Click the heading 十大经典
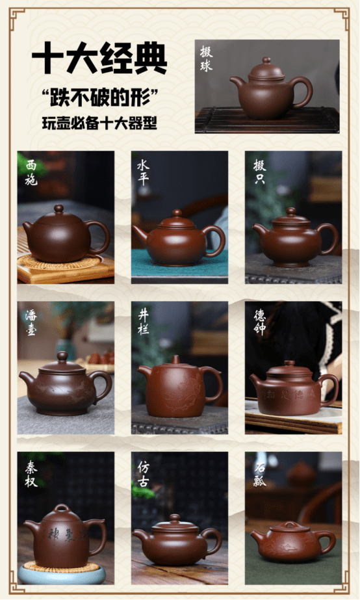pos(99,59)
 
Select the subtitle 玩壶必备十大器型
pos(99,122)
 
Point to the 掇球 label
pos(205,59)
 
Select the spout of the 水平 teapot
pos(140,232)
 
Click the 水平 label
pos(143,172)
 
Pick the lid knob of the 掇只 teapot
pos(291,211)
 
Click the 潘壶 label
pos(31,322)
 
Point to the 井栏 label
pos(143,322)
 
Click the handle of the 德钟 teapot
pos(331,386)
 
